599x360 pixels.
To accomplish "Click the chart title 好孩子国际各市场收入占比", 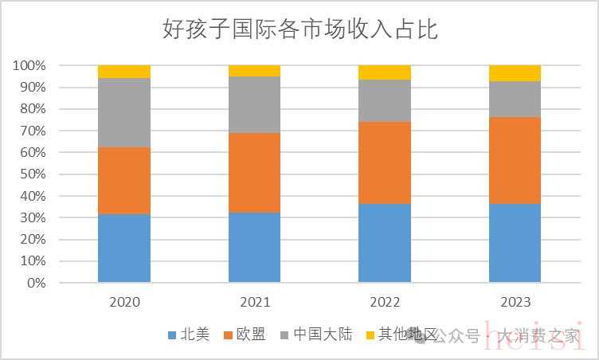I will click(x=300, y=30).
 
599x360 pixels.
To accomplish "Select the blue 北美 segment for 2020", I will click(x=124, y=248).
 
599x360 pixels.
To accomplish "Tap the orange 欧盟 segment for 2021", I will click(x=254, y=172).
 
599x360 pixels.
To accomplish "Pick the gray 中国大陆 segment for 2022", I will click(x=384, y=100).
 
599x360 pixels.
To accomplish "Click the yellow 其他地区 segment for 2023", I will click(x=515, y=73).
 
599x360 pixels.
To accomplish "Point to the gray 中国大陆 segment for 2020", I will click(x=124, y=112).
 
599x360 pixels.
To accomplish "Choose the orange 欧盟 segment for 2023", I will click(x=515, y=160).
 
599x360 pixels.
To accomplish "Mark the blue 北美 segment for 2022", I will click(x=384, y=243).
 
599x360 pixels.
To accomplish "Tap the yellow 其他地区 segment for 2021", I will click(x=254, y=71).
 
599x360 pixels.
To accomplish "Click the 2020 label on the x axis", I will click(x=124, y=303).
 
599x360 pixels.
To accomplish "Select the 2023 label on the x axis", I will click(x=515, y=303).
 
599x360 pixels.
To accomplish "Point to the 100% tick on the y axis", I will click(x=29, y=65).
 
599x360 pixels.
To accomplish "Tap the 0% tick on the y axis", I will click(x=35, y=283).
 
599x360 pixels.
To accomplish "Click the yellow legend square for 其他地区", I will click(x=369, y=335).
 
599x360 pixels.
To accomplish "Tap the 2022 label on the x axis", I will click(x=384, y=303).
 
